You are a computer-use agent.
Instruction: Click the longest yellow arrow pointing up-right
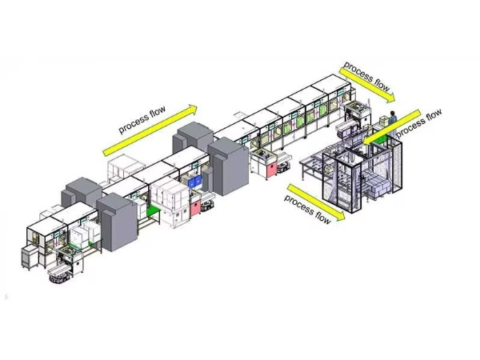pyautogui.click(x=150, y=130)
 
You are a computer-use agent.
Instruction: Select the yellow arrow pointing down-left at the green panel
pyautogui.click(x=392, y=126)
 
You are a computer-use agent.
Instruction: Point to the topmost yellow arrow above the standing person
pyautogui.click(x=367, y=85)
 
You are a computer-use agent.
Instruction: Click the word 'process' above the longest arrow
pyautogui.click(x=133, y=123)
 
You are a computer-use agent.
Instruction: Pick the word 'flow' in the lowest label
pyautogui.click(x=322, y=218)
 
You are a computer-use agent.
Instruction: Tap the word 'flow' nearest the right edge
pyautogui.click(x=434, y=116)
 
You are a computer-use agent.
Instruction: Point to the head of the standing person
pyautogui.click(x=392, y=113)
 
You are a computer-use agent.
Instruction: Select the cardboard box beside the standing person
pyautogui.click(x=384, y=121)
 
